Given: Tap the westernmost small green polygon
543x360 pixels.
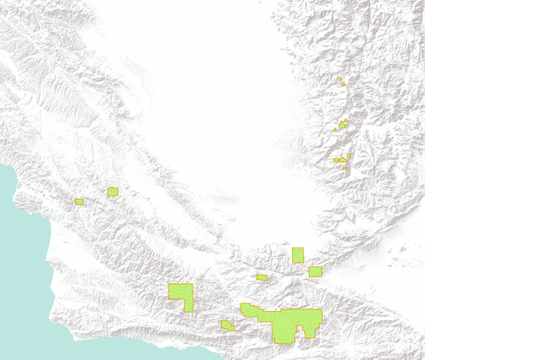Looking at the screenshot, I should coord(79,201).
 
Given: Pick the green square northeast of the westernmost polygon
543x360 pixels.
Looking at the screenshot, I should coord(113,192).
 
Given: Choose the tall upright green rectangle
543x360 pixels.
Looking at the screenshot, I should coord(298,255).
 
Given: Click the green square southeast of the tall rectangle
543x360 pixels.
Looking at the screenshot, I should coord(315,271).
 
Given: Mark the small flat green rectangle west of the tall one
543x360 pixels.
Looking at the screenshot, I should coord(262,277).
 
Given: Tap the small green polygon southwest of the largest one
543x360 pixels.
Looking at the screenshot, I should coord(227,325).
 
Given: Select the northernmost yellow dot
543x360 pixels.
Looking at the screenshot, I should coord(339,79).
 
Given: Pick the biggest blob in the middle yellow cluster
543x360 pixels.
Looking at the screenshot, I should coord(342,125).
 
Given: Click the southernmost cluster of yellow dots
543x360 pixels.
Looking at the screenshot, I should coord(340,160).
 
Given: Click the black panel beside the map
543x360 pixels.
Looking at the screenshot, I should coord(484,177).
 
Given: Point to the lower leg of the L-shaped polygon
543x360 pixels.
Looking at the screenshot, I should coord(188,304).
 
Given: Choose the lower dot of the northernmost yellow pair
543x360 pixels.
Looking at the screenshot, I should coord(342,84).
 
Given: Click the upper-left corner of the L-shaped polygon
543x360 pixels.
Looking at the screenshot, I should coord(170,286).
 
